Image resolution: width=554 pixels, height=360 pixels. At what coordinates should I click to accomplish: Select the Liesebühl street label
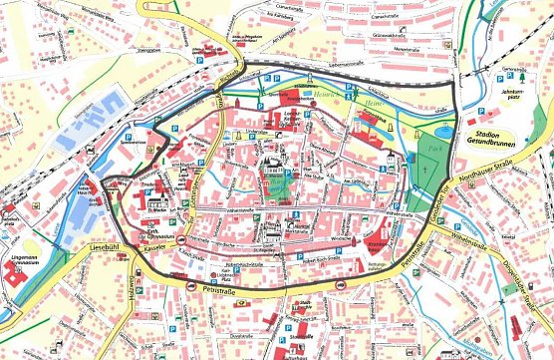tap(85, 238)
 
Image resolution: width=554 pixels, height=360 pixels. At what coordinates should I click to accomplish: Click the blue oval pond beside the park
tap(442, 128)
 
